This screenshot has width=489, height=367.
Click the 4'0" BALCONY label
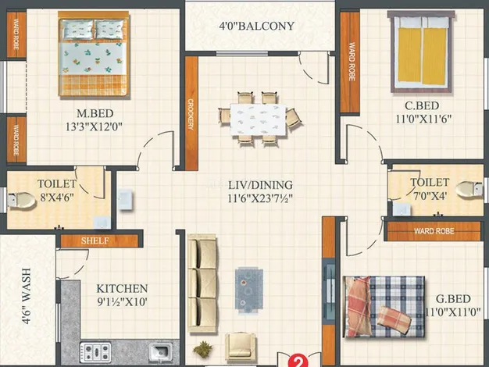pos(257,26)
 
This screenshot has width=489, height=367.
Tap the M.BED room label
pos(95,113)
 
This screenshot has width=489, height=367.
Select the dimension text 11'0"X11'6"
pos(423,119)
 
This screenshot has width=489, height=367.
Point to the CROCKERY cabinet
pos(191,113)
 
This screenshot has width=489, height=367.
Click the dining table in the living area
pos(259,119)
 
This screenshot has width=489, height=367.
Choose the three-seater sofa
pos(203,283)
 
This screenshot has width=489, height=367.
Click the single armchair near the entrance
pos(241,345)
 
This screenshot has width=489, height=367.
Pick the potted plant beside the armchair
pos(203,348)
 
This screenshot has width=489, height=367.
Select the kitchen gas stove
pos(95,352)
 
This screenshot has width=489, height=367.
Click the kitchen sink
pos(160,352)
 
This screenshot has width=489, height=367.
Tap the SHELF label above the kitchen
pos(95,241)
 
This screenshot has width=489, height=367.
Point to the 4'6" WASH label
pos(27,296)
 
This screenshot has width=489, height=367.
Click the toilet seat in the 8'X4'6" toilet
pos(22,200)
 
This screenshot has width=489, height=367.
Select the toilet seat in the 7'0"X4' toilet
pos(469,189)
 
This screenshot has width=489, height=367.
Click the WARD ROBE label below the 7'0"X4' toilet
pos(434,231)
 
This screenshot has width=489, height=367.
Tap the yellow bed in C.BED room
pos(421,52)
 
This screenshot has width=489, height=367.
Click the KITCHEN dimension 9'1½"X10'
pos(122,302)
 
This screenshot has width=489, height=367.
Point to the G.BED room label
pos(453,299)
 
